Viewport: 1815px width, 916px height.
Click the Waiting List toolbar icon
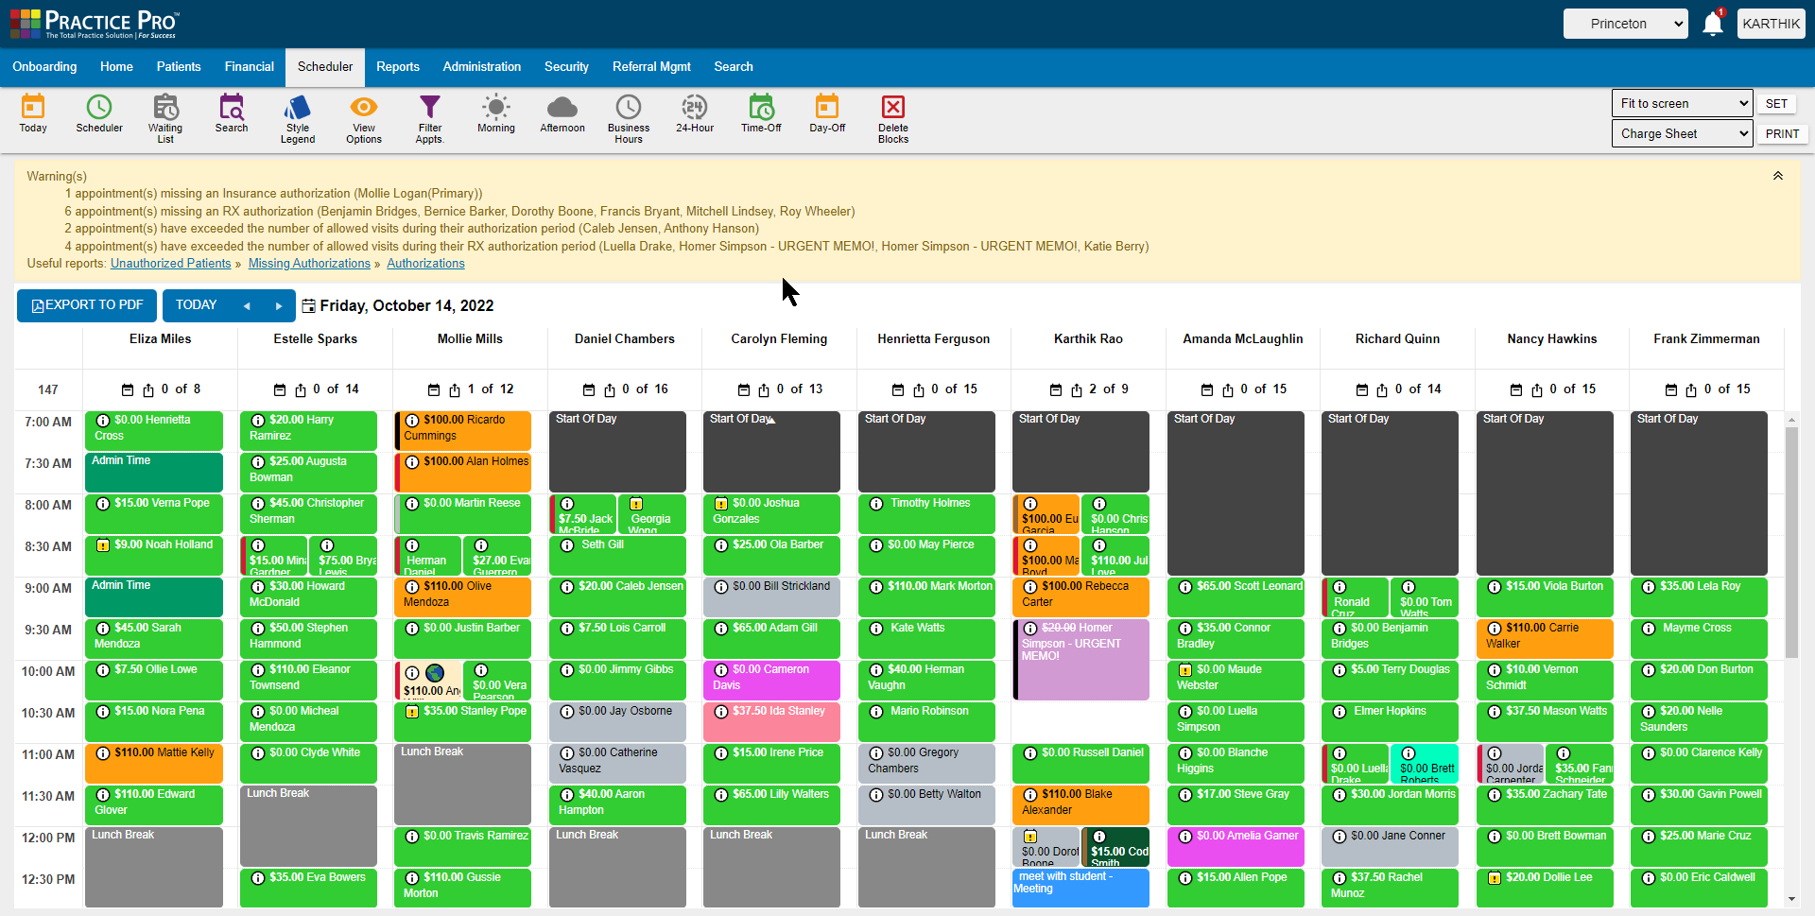click(x=165, y=117)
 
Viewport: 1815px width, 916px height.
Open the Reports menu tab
click(x=397, y=67)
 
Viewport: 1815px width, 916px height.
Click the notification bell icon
click(x=1712, y=24)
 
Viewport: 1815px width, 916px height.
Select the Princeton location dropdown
click(x=1626, y=24)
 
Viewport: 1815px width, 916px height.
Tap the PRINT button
click(x=1782, y=134)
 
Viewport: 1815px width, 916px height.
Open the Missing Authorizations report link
click(x=309, y=264)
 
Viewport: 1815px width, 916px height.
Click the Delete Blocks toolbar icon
click(x=892, y=117)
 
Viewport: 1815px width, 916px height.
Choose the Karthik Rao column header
click(x=1088, y=339)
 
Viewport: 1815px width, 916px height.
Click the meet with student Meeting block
click(x=1080, y=887)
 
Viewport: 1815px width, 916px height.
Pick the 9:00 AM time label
click(x=48, y=588)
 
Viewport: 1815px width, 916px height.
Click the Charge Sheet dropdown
click(x=1682, y=134)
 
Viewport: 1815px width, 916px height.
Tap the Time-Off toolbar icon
click(x=761, y=117)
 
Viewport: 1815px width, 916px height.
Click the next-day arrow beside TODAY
click(x=278, y=306)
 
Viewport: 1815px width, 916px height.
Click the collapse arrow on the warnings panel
click(x=1777, y=177)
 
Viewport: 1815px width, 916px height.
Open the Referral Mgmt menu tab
click(x=651, y=67)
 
